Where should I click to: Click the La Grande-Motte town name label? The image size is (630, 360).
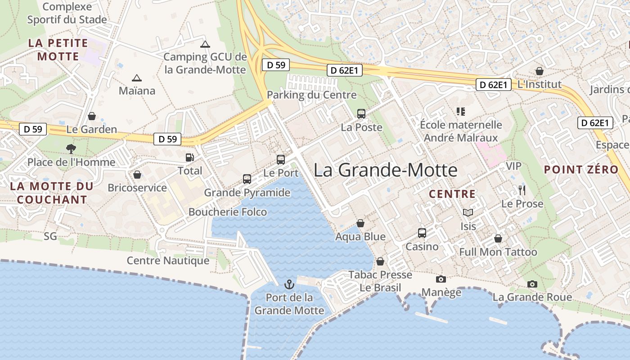[x=385, y=170]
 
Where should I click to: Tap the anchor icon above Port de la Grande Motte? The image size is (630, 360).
[x=289, y=284]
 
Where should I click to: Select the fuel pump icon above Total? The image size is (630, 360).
[x=190, y=157]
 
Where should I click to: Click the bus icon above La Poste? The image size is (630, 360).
[x=361, y=113]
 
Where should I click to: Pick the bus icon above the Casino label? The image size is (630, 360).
[x=422, y=233]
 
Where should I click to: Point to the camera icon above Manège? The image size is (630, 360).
[x=441, y=279]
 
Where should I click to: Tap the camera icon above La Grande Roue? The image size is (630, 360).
[x=532, y=284]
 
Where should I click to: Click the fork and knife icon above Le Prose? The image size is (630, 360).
[x=522, y=190]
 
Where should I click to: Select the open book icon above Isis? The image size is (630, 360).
[x=468, y=212]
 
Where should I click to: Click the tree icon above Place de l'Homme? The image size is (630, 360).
[x=71, y=148]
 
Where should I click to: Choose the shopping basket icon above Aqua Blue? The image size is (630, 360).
[x=360, y=223]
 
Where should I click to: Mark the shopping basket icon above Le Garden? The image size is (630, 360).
[x=92, y=116]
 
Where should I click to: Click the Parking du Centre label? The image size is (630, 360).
[x=311, y=95]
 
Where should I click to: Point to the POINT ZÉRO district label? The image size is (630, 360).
[x=581, y=170]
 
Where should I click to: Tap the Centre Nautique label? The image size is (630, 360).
[x=168, y=261]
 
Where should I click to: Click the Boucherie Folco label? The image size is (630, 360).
[x=228, y=212]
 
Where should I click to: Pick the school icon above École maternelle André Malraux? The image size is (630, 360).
[x=460, y=111]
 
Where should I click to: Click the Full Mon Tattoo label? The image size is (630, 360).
[x=498, y=252]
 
